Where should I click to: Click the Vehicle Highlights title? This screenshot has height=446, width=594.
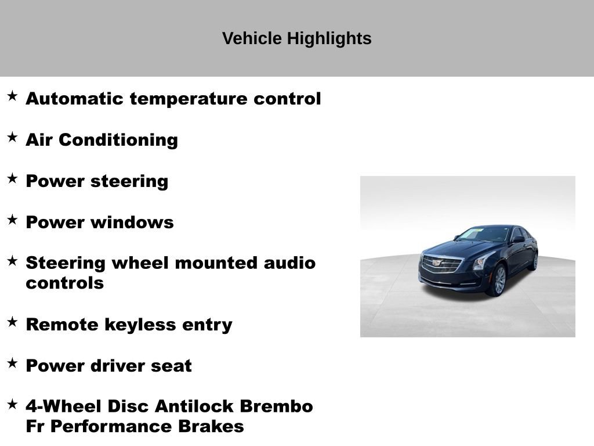coord(296,39)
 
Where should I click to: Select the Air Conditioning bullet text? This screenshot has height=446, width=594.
coord(102,140)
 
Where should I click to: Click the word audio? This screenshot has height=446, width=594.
coord(289,263)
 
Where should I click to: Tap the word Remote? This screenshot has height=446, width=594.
coord(62,325)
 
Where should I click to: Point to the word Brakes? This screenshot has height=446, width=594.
coord(211,427)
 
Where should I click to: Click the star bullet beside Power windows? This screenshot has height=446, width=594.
coord(12,220)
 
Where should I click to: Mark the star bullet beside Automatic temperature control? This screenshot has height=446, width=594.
coord(12,96)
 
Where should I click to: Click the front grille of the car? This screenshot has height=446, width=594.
coord(441,264)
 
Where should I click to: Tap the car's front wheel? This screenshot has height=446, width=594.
coord(498,280)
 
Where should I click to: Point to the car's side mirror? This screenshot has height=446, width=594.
coord(518,239)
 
